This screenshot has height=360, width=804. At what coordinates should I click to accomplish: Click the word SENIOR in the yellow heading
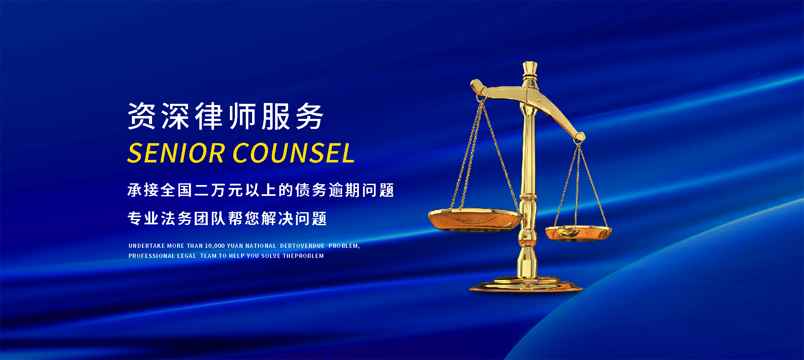(176, 153)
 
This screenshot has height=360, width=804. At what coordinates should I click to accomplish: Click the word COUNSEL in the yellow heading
(294, 153)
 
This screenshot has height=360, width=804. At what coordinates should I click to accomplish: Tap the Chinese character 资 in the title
(142, 116)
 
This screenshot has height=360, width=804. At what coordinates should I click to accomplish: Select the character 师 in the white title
(242, 116)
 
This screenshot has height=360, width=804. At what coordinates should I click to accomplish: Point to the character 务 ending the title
(309, 116)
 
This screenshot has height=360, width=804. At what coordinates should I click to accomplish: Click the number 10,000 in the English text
(215, 246)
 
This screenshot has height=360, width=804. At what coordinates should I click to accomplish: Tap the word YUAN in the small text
(235, 246)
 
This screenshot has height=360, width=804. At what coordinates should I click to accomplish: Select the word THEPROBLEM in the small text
(303, 256)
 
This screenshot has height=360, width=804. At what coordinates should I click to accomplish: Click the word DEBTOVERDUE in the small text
(302, 246)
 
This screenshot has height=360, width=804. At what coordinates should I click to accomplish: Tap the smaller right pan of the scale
(578, 233)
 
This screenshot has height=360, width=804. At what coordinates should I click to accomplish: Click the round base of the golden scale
(526, 284)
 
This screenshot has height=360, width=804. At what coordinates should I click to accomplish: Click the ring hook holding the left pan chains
(480, 98)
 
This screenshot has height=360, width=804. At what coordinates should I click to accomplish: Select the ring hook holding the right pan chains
(578, 142)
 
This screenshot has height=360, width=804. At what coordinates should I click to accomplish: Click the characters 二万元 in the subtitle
(219, 190)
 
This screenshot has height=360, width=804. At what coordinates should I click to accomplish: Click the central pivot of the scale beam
(539, 100)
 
